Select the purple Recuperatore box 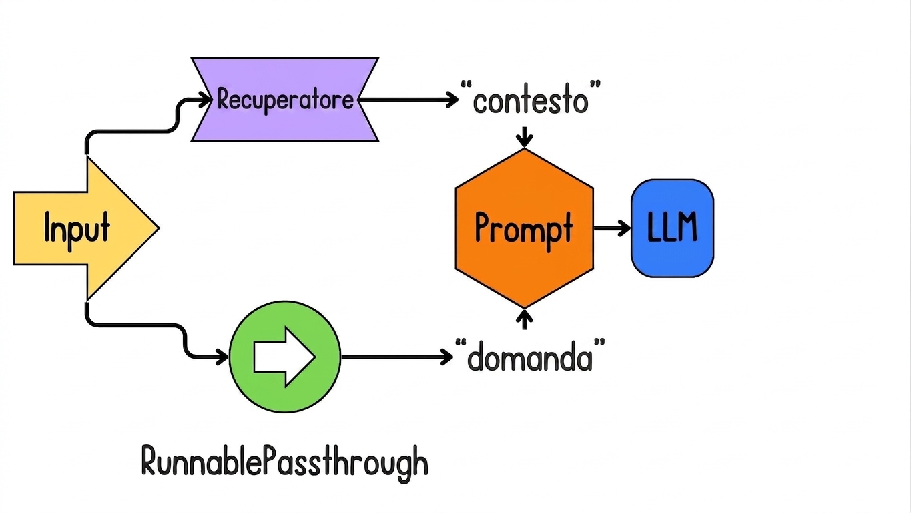pos(285,100)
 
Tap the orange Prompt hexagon pos(524,228)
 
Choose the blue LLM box pos(672,228)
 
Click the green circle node pos(285,357)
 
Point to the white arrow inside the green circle pos(284,357)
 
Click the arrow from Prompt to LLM pos(612,228)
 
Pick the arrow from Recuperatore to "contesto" pos(408,100)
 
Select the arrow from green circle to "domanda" pos(397,357)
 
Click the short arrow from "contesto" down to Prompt pos(524,137)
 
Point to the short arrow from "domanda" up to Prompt pos(524,319)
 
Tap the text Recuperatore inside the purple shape pos(286,100)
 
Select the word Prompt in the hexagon pos(524,230)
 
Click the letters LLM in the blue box pos(672,228)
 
